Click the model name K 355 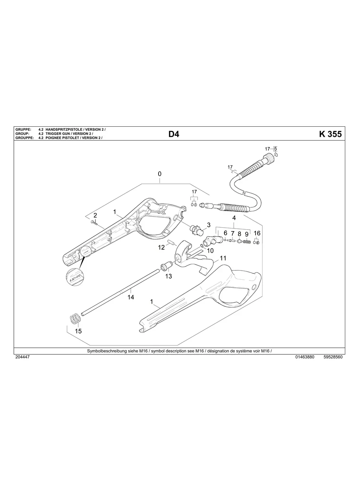tap(330, 134)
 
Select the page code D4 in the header tap(174, 134)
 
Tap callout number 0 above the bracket tap(159, 174)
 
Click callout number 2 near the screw tap(95, 215)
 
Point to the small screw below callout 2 tap(93, 221)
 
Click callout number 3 tap(209, 225)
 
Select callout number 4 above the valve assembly tap(234, 218)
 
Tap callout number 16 tap(257, 233)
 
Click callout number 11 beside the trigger tap(223, 258)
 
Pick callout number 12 tap(161, 247)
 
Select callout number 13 tap(168, 276)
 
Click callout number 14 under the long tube tap(130, 297)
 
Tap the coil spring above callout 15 tap(74, 319)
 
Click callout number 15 tap(78, 331)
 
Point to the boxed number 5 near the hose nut tap(275, 149)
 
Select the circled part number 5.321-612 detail tap(75, 277)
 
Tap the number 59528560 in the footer tap(333, 357)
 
